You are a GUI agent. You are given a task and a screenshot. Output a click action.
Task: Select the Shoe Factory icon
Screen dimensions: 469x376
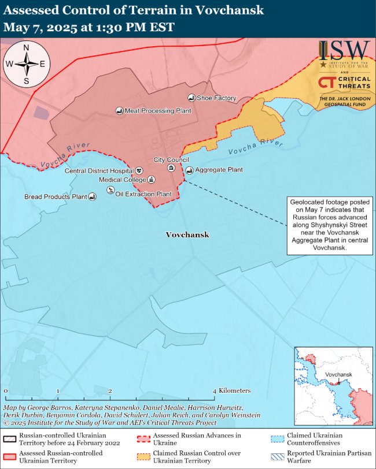tap(191, 98)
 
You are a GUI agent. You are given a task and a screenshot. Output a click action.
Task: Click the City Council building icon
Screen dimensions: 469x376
tap(171, 167)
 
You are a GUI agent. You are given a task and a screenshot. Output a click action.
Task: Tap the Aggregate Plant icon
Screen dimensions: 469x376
tap(189, 170)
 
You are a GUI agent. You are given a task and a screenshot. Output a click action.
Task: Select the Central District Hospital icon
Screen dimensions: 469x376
tap(139, 171)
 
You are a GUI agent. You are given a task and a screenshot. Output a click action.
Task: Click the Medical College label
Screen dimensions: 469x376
tap(123, 180)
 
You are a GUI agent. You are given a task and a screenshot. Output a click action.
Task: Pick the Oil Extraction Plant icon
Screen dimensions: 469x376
tap(110, 191)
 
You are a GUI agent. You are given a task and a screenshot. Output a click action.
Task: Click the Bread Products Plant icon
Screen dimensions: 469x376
tap(92, 197)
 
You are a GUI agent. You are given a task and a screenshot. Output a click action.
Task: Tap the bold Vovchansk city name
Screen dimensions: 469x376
tap(187, 235)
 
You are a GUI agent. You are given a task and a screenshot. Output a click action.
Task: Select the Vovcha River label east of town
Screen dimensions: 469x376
tap(255, 147)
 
